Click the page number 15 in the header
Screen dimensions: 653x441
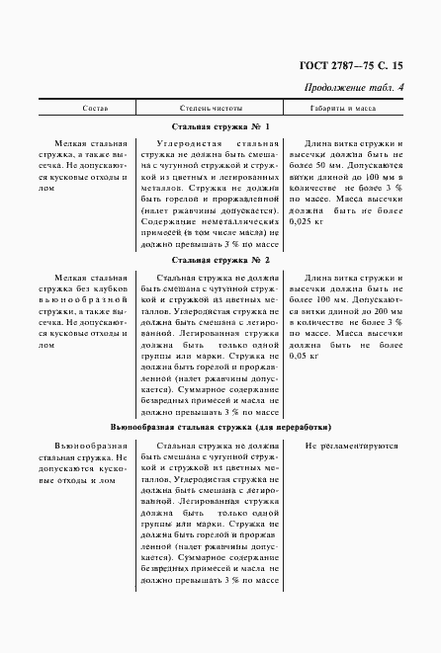click(397, 66)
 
